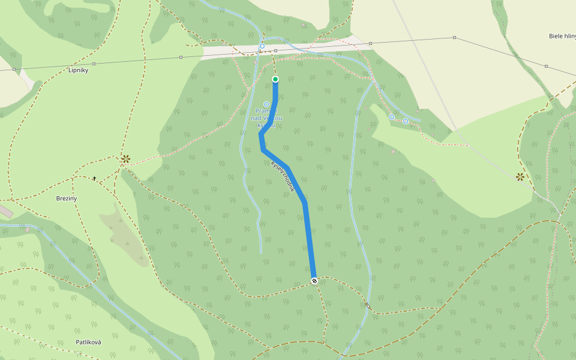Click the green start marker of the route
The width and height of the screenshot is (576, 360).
(x=275, y=79)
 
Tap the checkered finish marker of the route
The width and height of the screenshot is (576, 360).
(x=314, y=281)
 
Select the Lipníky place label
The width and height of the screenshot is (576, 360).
(x=79, y=70)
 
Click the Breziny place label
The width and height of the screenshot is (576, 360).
(x=67, y=198)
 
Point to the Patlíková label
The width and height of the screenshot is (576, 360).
(x=88, y=342)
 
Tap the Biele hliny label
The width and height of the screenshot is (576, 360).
(x=562, y=36)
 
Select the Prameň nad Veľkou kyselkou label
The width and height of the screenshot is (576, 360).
(x=266, y=118)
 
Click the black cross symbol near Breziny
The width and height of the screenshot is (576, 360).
(x=94, y=178)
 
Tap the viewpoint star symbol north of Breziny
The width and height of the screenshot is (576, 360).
(x=125, y=159)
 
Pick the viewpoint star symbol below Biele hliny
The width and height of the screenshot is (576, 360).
(x=520, y=176)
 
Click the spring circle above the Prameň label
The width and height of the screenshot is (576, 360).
(x=266, y=104)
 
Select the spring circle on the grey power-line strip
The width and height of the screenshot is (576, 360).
(x=262, y=46)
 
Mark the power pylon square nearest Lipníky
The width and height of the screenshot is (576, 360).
(x=94, y=64)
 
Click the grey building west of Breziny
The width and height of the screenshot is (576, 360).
(x=5, y=211)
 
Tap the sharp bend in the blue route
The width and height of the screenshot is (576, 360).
(x=262, y=136)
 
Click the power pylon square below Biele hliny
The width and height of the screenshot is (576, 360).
(x=546, y=66)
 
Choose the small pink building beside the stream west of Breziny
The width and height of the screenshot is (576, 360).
(x=28, y=229)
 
